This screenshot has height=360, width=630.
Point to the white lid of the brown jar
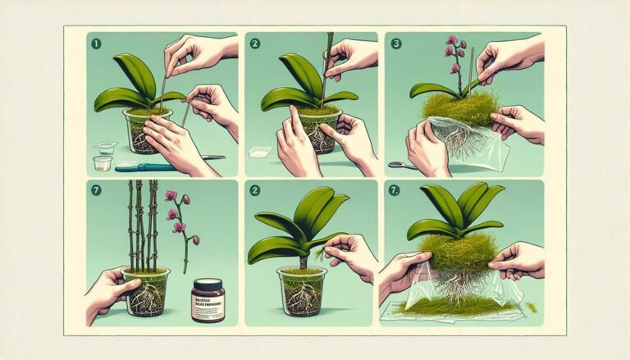208,282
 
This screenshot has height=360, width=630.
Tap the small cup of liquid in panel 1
102,162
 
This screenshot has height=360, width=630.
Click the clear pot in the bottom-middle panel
303,291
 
